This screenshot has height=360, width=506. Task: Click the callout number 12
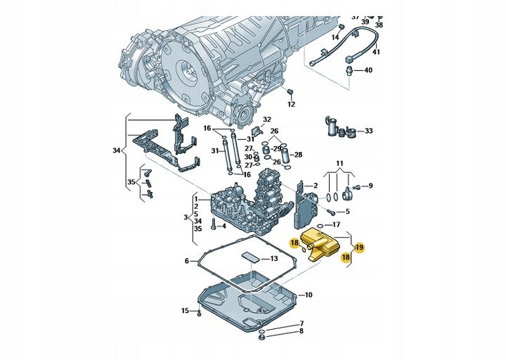(291, 104)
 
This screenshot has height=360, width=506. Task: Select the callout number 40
(368, 70)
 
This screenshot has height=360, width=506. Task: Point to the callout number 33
(369, 131)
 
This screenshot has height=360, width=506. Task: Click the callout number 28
(298, 154)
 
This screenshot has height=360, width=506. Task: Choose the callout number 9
(371, 186)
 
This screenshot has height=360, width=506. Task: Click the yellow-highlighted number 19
(358, 247)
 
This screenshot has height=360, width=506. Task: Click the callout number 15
(185, 310)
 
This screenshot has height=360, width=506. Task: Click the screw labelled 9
(356, 186)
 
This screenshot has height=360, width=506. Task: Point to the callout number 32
(266, 120)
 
